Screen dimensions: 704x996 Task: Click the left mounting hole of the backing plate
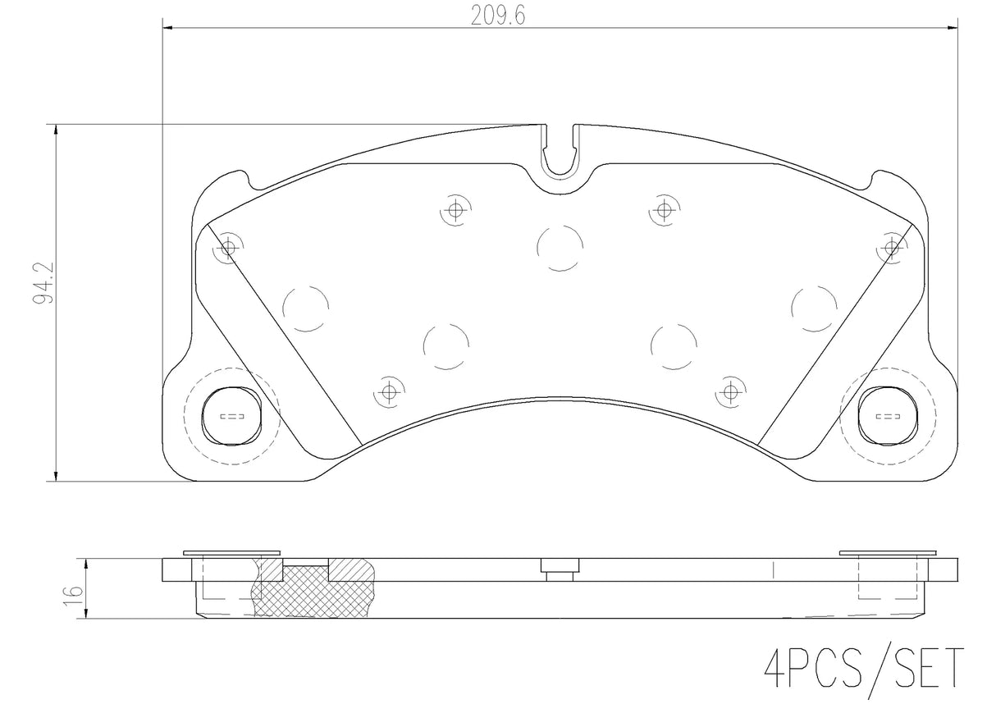231,416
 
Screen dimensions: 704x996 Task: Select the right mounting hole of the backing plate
888,416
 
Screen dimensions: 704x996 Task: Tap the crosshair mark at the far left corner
227,249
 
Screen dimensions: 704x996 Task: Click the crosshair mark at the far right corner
892,249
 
